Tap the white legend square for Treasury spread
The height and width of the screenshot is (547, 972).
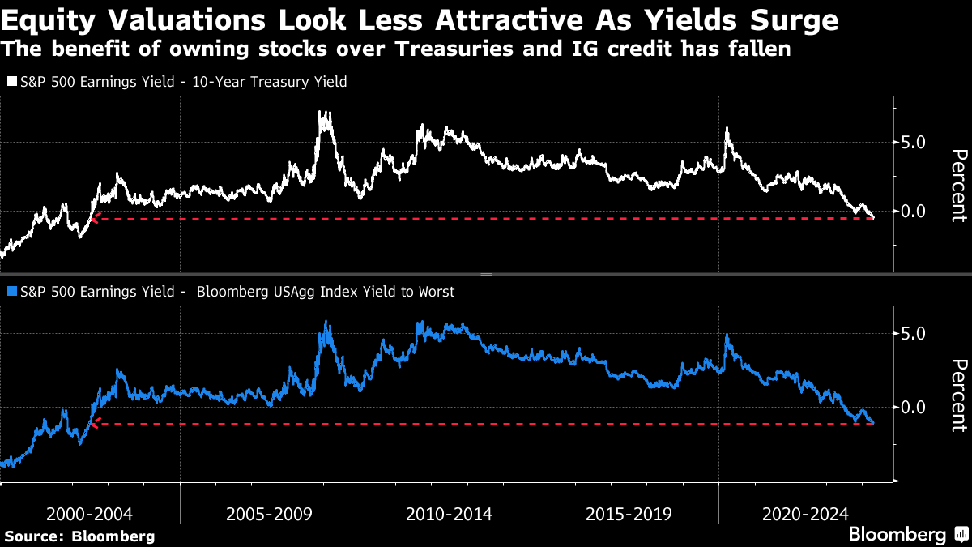tap(11, 82)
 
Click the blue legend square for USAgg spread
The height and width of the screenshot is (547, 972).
tap(11, 292)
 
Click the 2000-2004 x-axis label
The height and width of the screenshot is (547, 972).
tap(89, 514)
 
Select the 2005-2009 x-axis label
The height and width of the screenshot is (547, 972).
tap(269, 514)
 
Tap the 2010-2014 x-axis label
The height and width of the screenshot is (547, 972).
tap(449, 514)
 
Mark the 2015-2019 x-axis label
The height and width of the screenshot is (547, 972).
tap(629, 514)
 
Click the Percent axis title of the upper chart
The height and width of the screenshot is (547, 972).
tap(958, 186)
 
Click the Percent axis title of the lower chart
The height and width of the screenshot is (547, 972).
tap(958, 395)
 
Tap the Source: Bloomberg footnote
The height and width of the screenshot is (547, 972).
tap(79, 536)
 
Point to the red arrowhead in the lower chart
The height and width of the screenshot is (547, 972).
tap(95, 423)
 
